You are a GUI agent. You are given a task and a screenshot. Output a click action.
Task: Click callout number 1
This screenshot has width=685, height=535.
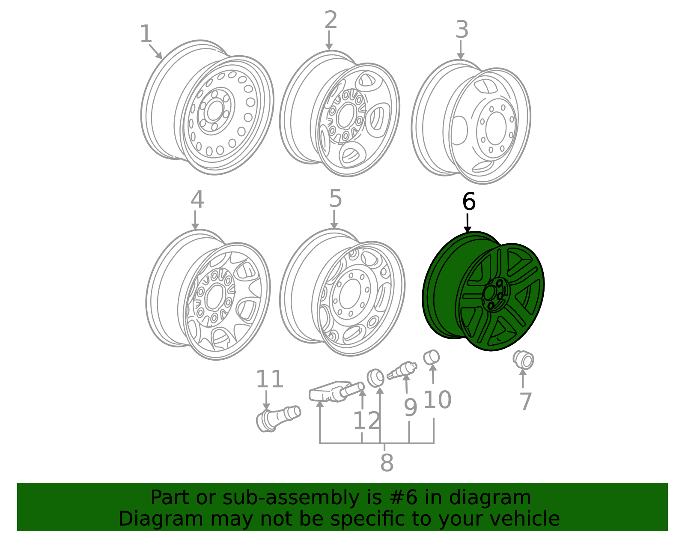click(x=146, y=34)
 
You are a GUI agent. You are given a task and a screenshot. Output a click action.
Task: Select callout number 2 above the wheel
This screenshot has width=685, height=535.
click(x=331, y=20)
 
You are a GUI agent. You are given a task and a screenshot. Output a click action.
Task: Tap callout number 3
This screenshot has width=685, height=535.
click(x=462, y=30)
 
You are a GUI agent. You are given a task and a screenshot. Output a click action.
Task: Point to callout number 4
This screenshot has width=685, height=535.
click(x=197, y=199)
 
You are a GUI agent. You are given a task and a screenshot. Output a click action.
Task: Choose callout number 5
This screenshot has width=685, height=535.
click(x=335, y=199)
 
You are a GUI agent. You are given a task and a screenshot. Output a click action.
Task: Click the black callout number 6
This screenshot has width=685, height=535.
click(x=469, y=201)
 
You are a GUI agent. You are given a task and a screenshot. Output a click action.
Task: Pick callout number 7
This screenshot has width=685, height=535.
click(x=525, y=402)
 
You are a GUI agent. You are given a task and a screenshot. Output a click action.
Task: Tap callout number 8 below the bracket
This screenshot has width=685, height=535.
click(x=387, y=463)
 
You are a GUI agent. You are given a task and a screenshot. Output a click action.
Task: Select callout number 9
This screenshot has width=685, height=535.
click(x=411, y=408)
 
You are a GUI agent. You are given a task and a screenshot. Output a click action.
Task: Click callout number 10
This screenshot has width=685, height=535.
click(x=438, y=400)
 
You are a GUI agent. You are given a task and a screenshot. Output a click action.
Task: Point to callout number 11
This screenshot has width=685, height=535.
click(x=270, y=379)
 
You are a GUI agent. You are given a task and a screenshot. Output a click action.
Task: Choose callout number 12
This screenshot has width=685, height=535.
click(x=367, y=421)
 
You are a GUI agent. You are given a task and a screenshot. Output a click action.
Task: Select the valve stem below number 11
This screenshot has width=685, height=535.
click(x=278, y=418)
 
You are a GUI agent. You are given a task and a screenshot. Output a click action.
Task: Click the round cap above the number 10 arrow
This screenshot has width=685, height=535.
click(x=431, y=357)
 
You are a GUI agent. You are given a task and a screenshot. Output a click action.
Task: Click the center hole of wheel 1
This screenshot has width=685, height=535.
click(x=215, y=111)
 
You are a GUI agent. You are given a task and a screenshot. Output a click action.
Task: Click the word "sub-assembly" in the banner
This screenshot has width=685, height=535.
click(x=291, y=498)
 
